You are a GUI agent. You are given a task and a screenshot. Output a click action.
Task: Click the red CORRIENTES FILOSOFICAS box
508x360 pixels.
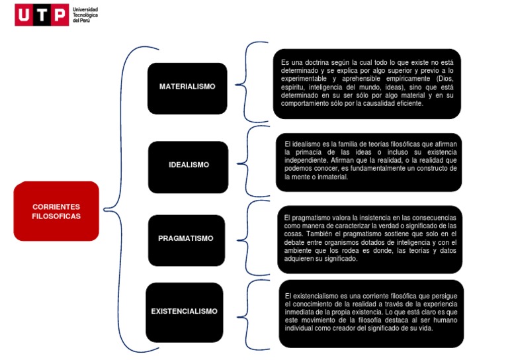tap(56, 211)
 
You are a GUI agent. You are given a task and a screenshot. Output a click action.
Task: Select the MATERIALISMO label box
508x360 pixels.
tap(187, 87)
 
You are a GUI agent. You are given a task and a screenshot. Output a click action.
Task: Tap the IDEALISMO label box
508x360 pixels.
tap(189, 165)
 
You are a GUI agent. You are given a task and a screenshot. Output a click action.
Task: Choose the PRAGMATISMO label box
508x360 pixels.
tap(186, 239)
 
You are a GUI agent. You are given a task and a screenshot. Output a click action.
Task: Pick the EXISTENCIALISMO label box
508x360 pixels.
tap(184, 312)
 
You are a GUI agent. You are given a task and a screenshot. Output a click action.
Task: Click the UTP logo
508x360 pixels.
tap(41, 15)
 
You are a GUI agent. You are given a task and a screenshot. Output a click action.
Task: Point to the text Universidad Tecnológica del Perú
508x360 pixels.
tap(85, 15)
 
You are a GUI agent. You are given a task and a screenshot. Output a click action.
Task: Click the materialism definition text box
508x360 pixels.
tap(367, 83)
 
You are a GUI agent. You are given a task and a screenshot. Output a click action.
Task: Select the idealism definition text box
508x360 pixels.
tap(368, 161)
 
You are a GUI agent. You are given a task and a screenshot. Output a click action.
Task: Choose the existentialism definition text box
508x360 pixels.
tap(370, 313)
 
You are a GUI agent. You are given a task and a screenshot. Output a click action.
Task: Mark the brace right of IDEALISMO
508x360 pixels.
tap(246, 161)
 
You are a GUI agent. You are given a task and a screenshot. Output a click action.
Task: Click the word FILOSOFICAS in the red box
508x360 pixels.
tap(56, 216)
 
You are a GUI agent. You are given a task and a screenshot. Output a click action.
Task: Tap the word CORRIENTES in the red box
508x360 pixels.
tap(56, 207)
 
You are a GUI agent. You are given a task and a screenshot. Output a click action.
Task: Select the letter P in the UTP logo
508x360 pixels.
tap(58, 15)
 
